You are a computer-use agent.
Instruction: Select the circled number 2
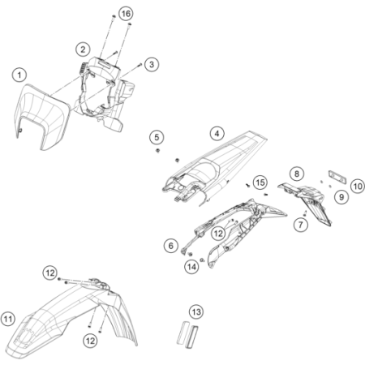83,49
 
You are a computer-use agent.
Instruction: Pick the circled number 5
158,135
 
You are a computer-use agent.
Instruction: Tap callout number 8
298,174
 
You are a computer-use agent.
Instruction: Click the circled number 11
9,317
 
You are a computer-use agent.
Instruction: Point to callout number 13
195,311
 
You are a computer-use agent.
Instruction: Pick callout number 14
192,265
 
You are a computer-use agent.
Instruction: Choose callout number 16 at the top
125,15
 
